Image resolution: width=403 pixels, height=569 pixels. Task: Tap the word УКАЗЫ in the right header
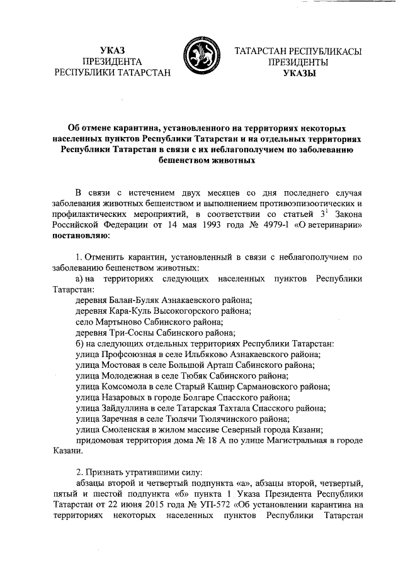coord(298,74)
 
